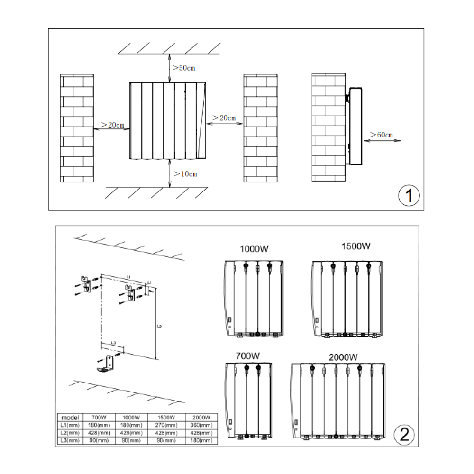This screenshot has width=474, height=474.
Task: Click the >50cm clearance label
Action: click(x=183, y=68)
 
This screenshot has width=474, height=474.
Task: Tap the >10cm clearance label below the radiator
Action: click(x=185, y=174)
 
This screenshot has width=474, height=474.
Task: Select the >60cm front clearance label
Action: click(x=381, y=135)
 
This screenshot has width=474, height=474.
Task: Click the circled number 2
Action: click(x=404, y=434)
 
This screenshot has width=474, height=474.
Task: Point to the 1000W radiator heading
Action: click(x=254, y=249)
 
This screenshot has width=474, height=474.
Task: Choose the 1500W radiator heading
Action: click(x=356, y=246)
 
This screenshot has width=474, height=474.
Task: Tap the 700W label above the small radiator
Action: click(x=247, y=355)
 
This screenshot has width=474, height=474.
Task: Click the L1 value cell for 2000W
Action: click(x=201, y=425)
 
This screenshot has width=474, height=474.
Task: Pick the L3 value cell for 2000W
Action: click(x=201, y=440)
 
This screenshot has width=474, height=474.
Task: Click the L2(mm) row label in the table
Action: click(x=70, y=433)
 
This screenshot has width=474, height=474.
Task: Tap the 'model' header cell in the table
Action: click(x=70, y=418)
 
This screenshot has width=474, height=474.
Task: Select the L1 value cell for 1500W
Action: click(x=166, y=425)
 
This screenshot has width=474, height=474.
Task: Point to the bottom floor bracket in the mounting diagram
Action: click(x=107, y=364)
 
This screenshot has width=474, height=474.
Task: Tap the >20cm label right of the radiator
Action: click(x=224, y=118)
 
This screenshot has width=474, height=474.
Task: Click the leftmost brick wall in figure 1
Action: click(x=77, y=128)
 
